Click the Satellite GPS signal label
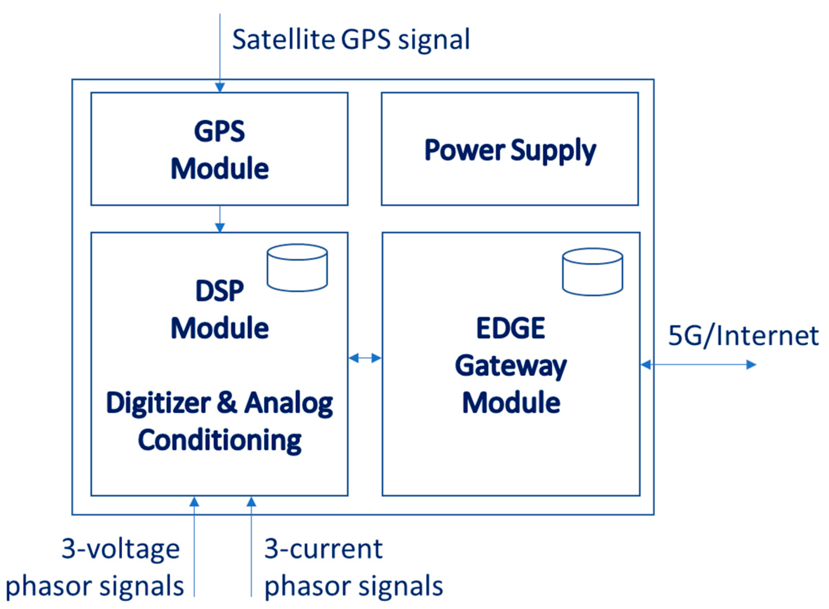(x=350, y=39)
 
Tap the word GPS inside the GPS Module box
(x=219, y=131)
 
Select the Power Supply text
(x=510, y=150)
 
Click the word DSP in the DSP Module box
(x=219, y=291)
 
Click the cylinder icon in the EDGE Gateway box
(x=592, y=272)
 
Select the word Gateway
(x=510, y=366)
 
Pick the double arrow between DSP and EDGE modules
(x=365, y=358)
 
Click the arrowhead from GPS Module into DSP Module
(x=220, y=228)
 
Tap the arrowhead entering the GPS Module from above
(x=220, y=88)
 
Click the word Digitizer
(x=159, y=404)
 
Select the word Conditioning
(x=220, y=440)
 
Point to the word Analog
(x=289, y=404)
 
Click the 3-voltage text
(x=120, y=549)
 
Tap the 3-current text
(x=324, y=549)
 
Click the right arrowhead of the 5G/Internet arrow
(x=751, y=365)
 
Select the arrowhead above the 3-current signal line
(x=251, y=502)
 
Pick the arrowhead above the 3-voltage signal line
(x=194, y=502)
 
